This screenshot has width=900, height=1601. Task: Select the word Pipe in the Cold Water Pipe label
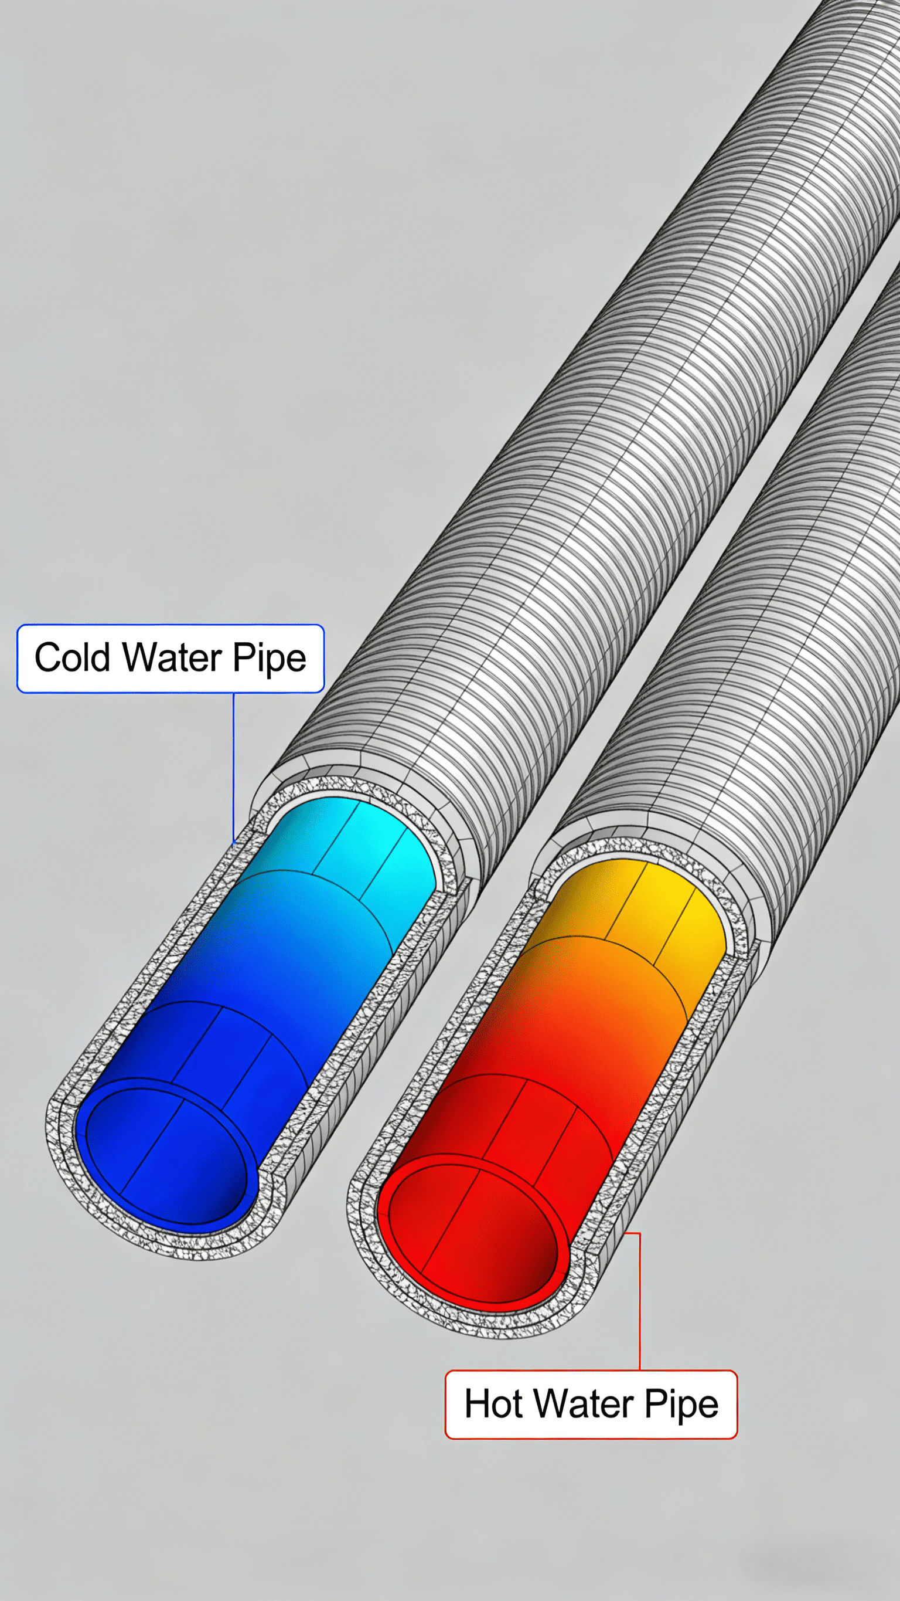pos(269,659)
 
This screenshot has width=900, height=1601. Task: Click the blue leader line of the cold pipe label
pos(234,765)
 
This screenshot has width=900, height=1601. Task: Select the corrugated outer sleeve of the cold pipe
pos(559,497)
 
